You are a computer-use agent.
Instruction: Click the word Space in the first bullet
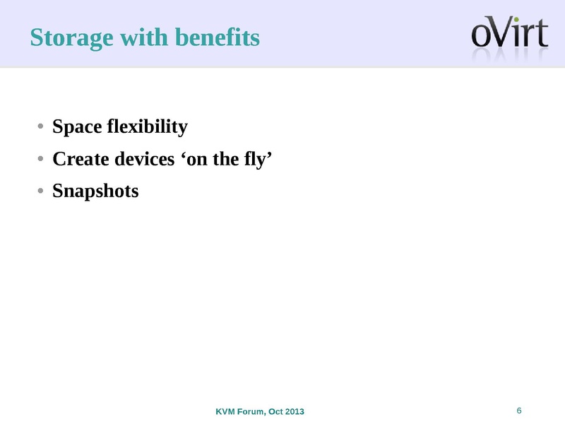click(x=78, y=127)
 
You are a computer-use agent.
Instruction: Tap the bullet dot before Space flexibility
click(x=42, y=128)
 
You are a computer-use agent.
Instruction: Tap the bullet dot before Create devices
click(x=42, y=160)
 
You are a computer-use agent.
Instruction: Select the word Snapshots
click(x=96, y=191)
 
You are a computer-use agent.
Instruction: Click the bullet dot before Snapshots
click(x=42, y=192)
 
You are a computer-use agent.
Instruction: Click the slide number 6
click(x=519, y=411)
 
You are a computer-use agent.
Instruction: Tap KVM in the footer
click(x=225, y=412)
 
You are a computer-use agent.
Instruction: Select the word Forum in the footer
click(x=252, y=412)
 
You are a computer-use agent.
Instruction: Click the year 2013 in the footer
click(x=295, y=412)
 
